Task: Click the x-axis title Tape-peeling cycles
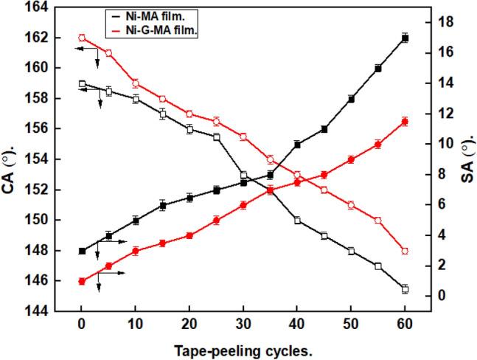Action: click(243, 350)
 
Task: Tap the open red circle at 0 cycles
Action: click(82, 38)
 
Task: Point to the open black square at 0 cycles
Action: click(82, 84)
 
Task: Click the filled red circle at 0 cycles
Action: click(82, 281)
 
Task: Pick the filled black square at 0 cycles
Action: click(82, 251)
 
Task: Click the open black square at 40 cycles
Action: click(297, 220)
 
